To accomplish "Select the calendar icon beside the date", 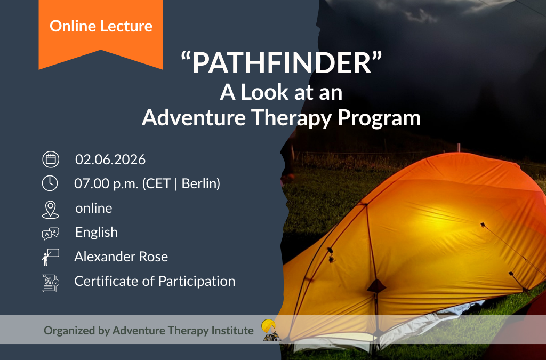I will point(50,159).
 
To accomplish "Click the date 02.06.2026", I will point(110,159).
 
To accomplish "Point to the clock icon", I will point(50,183).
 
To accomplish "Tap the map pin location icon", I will point(50,209).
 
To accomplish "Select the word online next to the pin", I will point(94,208).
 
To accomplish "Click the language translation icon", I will point(50,234).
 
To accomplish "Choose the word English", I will point(97,233).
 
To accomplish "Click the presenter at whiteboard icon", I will point(50,257).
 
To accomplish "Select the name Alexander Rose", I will point(121,257).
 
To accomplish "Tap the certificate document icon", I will point(50,282).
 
